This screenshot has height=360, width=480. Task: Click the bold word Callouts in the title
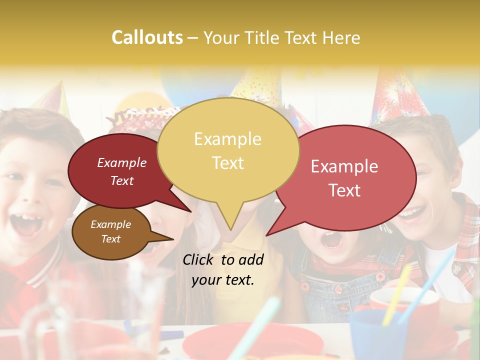point(147,38)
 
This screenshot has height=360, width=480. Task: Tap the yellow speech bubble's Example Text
point(227,151)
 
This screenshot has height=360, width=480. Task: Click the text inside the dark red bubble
point(122,171)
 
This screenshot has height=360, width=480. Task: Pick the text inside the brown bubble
point(110,231)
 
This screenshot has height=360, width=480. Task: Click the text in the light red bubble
point(344,178)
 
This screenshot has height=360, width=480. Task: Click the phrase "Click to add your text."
point(223,270)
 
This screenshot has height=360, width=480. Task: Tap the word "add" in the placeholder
point(251,260)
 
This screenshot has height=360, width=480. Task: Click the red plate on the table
point(252,342)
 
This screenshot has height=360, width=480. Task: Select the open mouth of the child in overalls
point(331,240)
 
